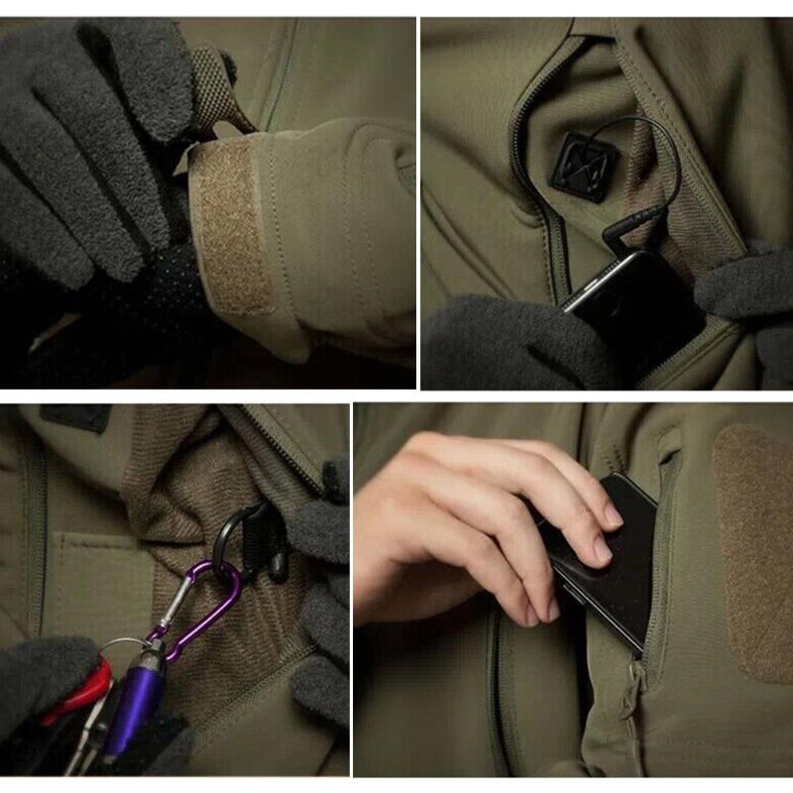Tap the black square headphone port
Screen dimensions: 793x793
click(x=580, y=167)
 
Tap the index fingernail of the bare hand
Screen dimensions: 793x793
click(x=614, y=514)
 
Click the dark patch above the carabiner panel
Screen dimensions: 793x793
click(x=74, y=417)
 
